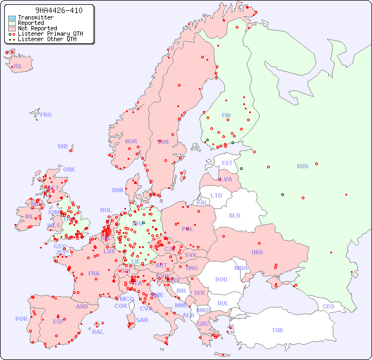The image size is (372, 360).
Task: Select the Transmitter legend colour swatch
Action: [12, 18]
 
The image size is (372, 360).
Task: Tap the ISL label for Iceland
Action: [18, 67]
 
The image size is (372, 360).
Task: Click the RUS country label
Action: [302, 166]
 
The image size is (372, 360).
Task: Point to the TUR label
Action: [277, 330]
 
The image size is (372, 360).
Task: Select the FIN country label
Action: [226, 115]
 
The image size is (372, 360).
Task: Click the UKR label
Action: [257, 252]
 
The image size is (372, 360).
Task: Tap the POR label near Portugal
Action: [21, 319]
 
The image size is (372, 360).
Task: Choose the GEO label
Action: [328, 306]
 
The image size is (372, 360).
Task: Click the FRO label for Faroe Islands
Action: [46, 115]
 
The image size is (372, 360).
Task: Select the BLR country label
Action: [234, 215]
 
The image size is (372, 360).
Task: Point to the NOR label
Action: [131, 141]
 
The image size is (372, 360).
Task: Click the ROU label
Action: [221, 279]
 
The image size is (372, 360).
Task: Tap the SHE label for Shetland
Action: [63, 146]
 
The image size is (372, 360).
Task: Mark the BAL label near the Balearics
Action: [97, 332]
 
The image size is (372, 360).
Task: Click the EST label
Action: [227, 163]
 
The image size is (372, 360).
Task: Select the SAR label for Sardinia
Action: [142, 320]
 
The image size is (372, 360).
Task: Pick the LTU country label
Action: [216, 195]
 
